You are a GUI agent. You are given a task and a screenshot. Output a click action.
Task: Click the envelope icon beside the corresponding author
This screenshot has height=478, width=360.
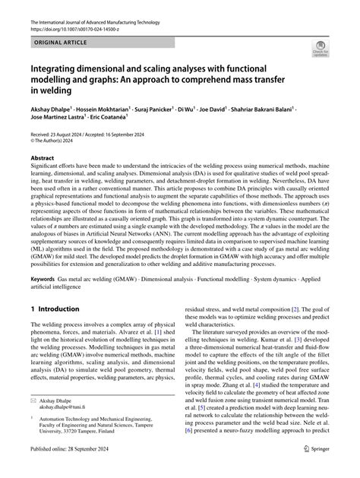pyautogui.click(x=34, y=420)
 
